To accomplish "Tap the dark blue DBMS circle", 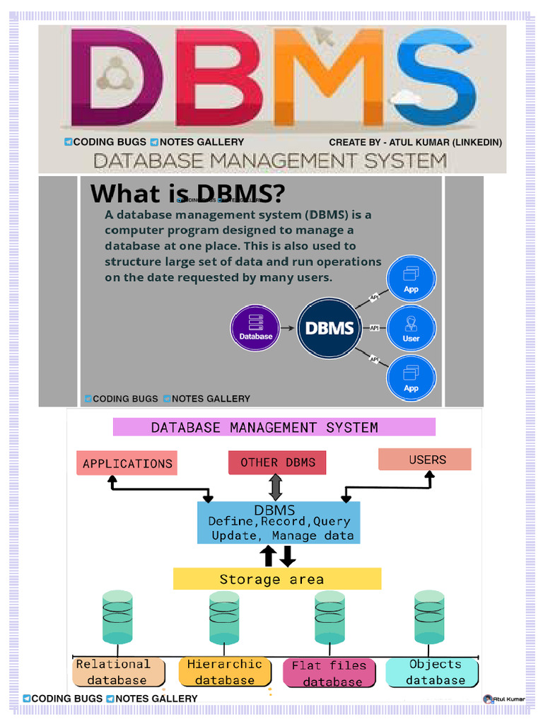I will [329, 328].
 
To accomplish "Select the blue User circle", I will [411, 328].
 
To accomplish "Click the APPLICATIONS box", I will [127, 463].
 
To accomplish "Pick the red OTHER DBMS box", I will [277, 462].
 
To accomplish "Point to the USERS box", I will [425, 460].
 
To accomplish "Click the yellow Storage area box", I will [277, 579].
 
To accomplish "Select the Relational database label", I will [118, 672].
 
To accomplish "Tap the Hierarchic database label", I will [224, 672].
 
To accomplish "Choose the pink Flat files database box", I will [329, 674].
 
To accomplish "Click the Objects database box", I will [433, 672].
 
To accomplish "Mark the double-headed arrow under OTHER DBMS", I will [276, 488].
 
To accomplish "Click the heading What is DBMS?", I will [188, 193].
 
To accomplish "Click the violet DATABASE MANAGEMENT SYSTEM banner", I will [274, 427].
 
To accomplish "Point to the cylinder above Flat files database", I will [329, 617].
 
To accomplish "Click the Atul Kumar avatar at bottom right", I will [488, 699].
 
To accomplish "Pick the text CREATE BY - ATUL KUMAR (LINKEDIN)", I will [415, 142].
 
